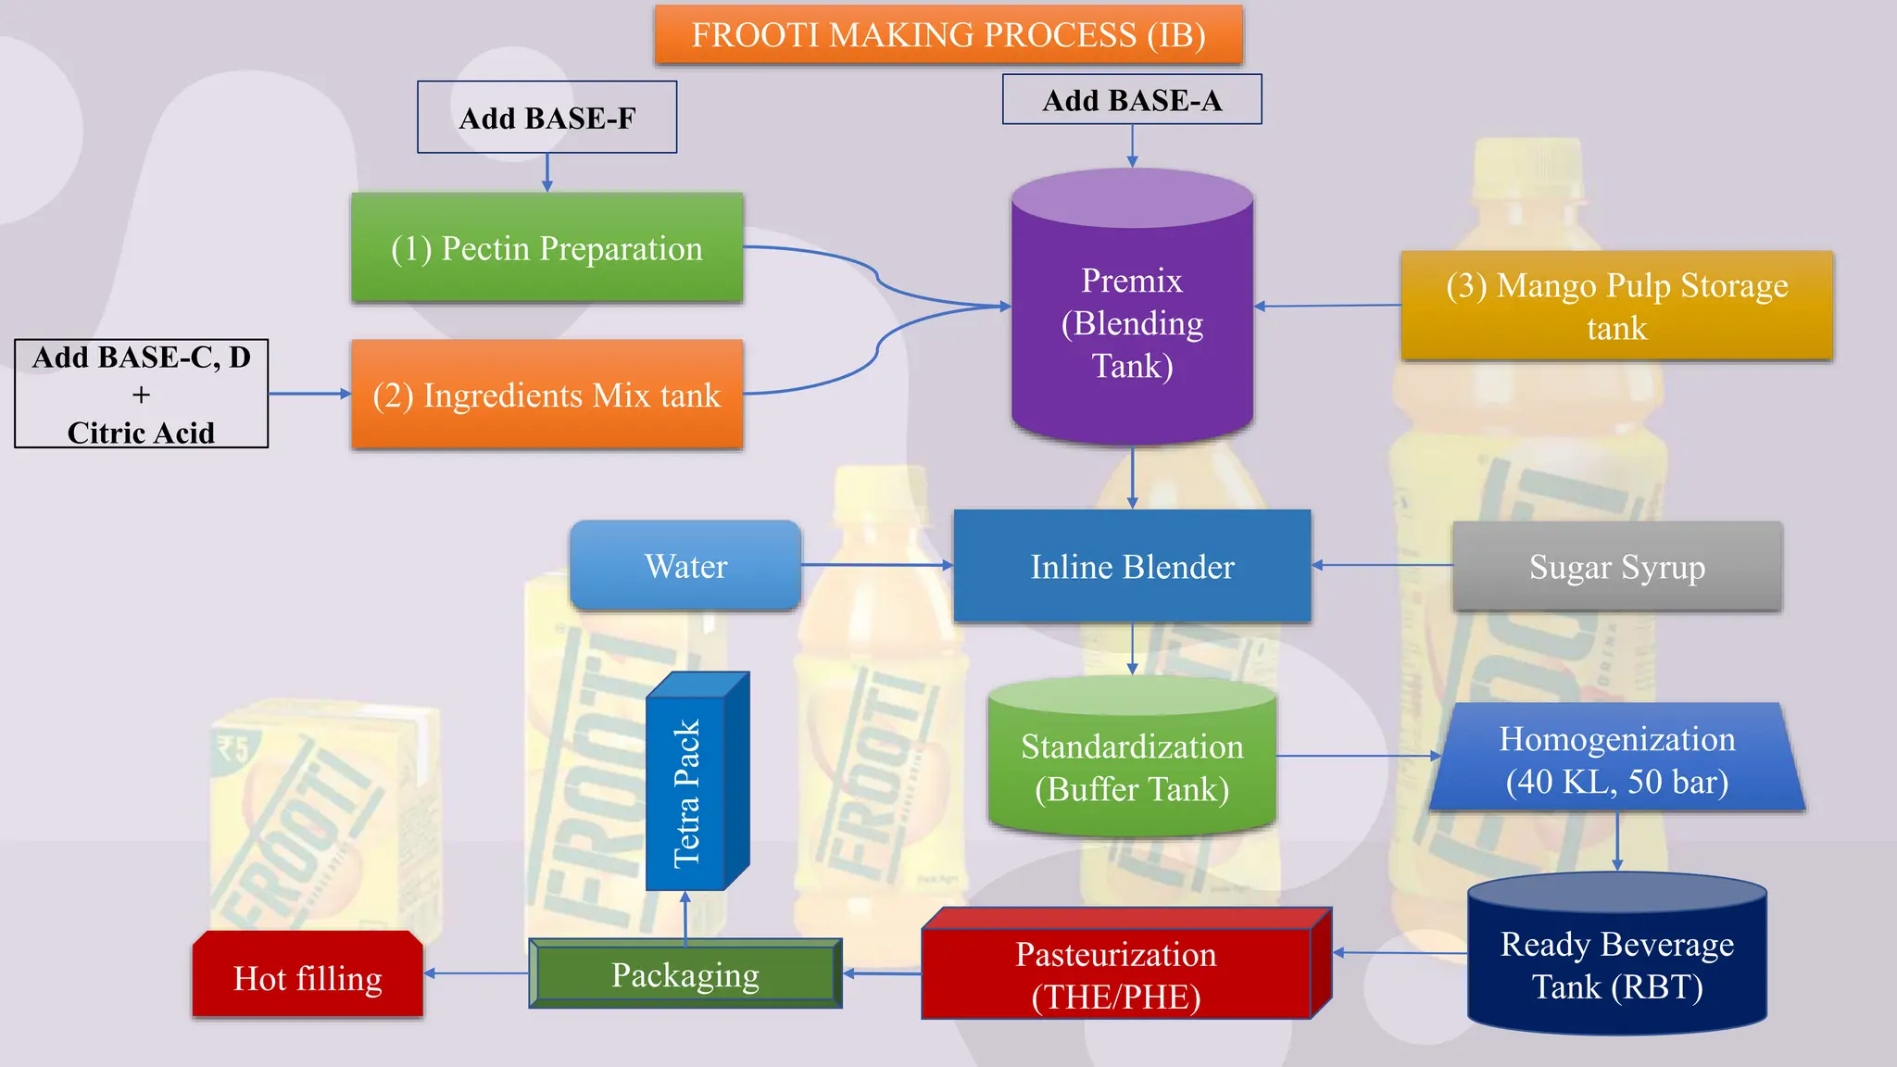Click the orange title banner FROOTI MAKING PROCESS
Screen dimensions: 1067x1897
pos(948,35)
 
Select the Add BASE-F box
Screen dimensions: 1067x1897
pos(546,118)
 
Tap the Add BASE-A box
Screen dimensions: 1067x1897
pos(1131,100)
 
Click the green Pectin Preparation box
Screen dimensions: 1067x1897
pos(546,248)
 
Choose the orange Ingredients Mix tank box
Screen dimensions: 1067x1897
pos(546,395)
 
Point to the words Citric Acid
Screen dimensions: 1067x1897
pos(141,433)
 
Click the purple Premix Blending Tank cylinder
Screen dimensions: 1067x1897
pos(1131,322)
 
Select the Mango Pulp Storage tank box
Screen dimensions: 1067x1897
pos(1616,306)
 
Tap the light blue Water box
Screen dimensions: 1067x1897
pos(685,566)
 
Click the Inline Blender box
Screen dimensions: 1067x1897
pos(1131,566)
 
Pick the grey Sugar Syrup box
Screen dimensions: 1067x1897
pos(1616,566)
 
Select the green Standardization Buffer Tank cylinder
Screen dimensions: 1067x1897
pos(1131,767)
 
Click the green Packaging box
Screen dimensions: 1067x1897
pos(685,974)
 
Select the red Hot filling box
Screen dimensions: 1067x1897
pos(308,977)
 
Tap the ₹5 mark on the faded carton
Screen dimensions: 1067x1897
pos(232,747)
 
